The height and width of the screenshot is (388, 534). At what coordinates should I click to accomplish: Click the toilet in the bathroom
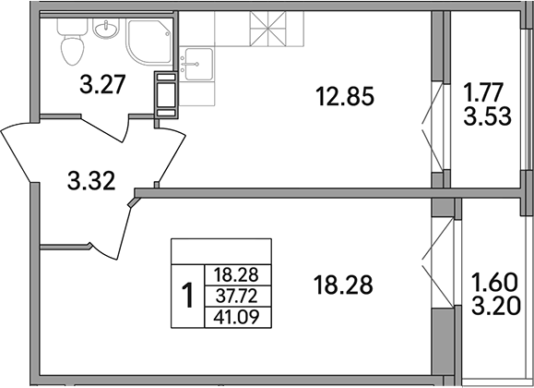point(70,42)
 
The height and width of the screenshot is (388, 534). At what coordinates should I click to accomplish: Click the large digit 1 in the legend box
point(187,296)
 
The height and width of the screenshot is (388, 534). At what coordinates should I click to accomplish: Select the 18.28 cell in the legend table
point(234,274)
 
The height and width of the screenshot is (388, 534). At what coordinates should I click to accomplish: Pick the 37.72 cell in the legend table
point(234,295)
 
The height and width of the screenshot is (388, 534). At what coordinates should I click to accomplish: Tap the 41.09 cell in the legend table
point(234,316)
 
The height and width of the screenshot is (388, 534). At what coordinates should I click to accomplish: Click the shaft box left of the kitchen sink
point(166,95)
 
